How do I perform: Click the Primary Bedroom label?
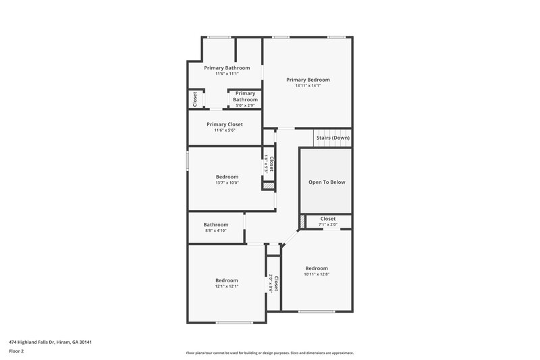tap(308, 80)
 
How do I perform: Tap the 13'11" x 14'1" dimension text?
tap(308, 86)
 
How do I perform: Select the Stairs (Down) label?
tap(333, 138)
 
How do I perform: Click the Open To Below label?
tap(326, 182)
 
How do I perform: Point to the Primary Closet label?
tap(225, 124)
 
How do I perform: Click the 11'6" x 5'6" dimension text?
tap(225, 130)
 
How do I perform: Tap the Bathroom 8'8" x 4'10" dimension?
tap(216, 231)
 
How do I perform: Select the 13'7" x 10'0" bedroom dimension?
tap(227, 183)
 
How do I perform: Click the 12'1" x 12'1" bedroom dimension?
tap(227, 286)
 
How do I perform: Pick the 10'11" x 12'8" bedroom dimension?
tap(317, 274)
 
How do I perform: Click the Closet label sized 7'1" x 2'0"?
tap(328, 219)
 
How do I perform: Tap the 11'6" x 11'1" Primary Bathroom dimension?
tap(227, 74)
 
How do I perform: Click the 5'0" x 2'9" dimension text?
tap(245, 105)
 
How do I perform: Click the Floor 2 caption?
tap(17, 351)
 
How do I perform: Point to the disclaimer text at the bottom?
tap(270, 353)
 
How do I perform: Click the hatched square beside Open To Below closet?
tap(302, 221)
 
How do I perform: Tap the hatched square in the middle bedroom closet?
tap(268, 185)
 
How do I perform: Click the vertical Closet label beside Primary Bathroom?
tap(194, 99)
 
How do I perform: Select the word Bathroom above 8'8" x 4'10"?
tap(216, 225)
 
